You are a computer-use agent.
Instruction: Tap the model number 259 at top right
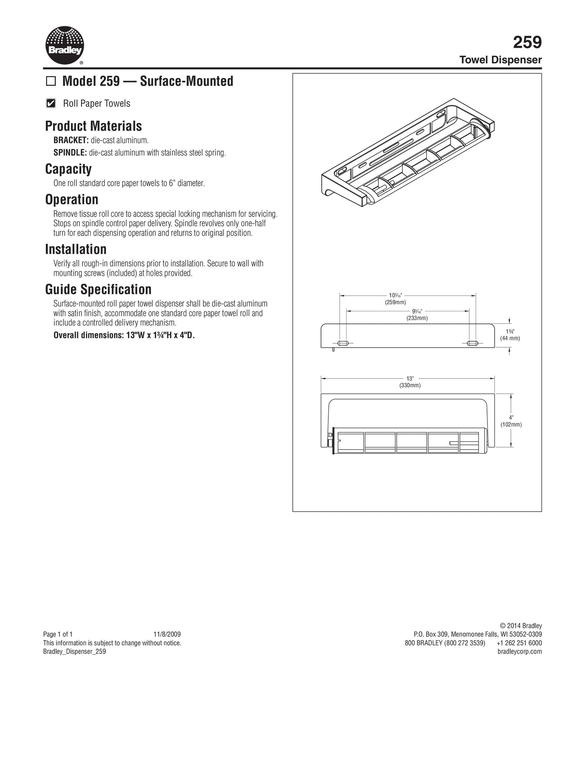click(527, 42)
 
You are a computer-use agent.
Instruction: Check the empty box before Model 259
click(51, 81)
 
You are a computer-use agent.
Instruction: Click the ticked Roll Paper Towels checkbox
click(51, 103)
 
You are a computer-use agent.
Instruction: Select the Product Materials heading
click(94, 126)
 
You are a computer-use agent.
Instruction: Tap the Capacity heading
click(68, 169)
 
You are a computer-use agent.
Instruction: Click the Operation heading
click(72, 200)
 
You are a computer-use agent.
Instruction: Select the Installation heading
click(76, 249)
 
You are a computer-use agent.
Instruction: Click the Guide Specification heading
click(98, 289)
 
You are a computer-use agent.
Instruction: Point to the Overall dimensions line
click(124, 335)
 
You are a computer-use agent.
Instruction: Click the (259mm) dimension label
click(395, 302)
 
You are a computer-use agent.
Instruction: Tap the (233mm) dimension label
click(417, 318)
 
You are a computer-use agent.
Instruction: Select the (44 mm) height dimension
click(510, 338)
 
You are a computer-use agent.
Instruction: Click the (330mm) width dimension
click(410, 385)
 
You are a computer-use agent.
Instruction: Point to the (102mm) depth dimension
click(511, 425)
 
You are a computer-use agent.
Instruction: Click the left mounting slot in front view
click(342, 343)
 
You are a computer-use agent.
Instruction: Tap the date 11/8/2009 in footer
click(167, 634)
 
